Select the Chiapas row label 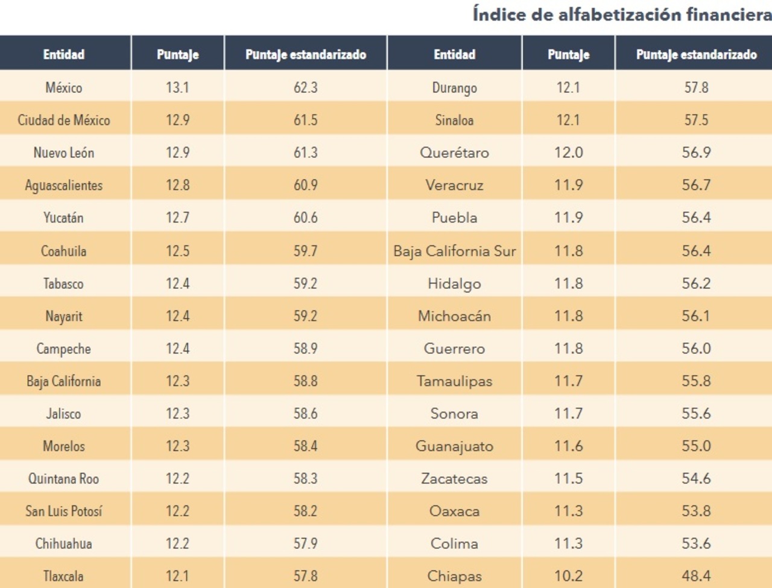[454, 576]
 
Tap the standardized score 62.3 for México [305, 87]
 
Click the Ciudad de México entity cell [64, 120]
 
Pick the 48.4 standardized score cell [696, 576]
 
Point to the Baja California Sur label [454, 251]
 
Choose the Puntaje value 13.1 [177, 87]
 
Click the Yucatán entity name [63, 218]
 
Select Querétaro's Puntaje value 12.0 [568, 153]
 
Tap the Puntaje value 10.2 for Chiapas [568, 576]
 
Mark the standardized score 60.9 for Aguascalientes [305, 185]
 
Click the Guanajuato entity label [454, 446]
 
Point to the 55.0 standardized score [696, 446]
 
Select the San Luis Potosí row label [64, 511]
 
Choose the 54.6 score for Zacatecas [696, 479]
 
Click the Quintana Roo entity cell [63, 479]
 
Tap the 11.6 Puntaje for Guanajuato [568, 446]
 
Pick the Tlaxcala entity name [63, 576]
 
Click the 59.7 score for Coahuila [305, 251]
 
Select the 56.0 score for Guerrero [696, 349]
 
